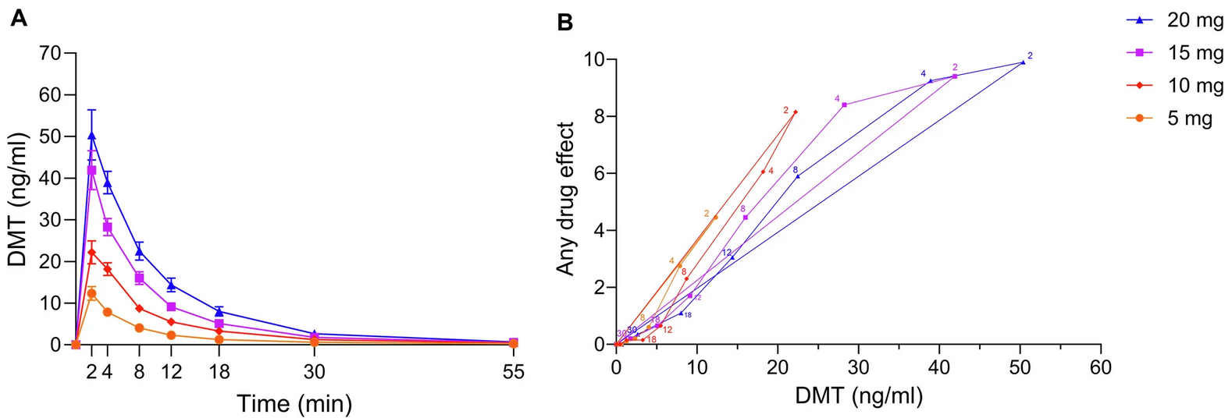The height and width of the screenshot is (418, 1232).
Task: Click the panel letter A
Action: pos(19,19)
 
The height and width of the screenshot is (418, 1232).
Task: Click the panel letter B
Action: pos(564,23)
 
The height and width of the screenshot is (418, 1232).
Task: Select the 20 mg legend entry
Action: pos(1178,21)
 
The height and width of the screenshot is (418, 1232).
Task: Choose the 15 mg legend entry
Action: pos(1178,53)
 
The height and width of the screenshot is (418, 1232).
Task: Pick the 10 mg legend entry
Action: pos(1178,85)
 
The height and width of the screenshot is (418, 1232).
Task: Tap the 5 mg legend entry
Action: pos(1178,118)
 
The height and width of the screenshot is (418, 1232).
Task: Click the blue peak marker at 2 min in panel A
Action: pos(91,135)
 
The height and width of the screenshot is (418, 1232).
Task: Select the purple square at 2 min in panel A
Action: pos(91,170)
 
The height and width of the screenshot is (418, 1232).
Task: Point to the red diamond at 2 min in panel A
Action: pos(91,252)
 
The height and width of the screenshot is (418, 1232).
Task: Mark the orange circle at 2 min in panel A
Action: pos(91,293)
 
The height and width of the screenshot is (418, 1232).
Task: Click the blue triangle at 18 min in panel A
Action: pos(219,311)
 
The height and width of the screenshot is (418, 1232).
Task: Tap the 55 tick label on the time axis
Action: pos(513,372)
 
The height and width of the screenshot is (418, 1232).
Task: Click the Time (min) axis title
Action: pos(294,403)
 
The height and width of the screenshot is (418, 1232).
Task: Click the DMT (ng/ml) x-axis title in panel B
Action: pos(858,395)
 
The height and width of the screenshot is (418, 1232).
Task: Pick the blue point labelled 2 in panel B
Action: pos(1023,62)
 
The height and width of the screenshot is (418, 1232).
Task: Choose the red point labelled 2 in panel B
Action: pos(796,112)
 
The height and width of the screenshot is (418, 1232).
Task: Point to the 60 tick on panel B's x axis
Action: pos(1100,366)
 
